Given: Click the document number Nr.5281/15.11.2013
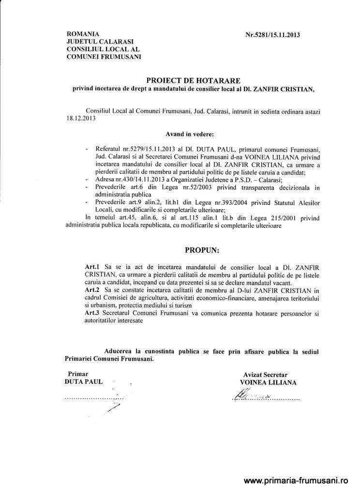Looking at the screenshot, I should [273, 35].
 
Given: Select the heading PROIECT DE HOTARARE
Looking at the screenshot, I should [193, 80].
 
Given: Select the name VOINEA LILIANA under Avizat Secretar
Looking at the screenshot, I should [265, 382].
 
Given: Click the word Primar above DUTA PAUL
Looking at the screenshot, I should [78, 374].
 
